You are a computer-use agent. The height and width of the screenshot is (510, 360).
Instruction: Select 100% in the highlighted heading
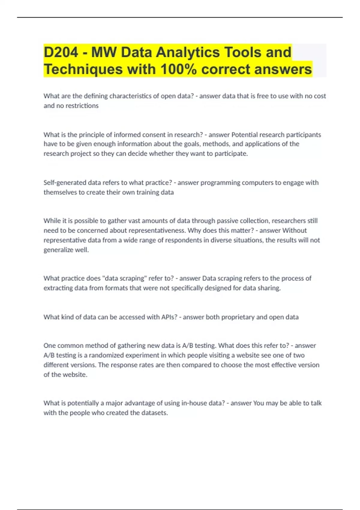pyautogui.click(x=178, y=69)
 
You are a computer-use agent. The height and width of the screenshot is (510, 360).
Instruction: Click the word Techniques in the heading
pyautogui.click(x=83, y=69)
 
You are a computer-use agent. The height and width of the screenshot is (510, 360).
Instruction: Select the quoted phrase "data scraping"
pyautogui.click(x=124, y=278)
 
